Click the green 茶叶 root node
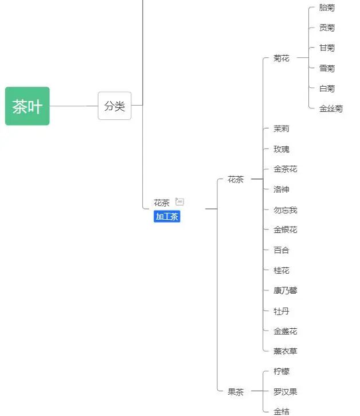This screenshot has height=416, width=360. (x=28, y=106)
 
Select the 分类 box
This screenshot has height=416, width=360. (x=115, y=106)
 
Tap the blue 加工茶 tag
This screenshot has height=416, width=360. (x=167, y=216)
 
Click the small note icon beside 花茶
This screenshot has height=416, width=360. (x=180, y=201)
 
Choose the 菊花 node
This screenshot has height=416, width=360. (x=281, y=58)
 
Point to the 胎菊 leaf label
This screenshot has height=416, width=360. (x=327, y=8)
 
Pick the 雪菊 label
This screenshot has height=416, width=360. (x=327, y=68)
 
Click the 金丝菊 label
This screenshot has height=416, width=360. (x=331, y=108)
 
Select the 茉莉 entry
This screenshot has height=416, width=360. (x=281, y=129)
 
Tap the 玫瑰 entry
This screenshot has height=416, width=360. (x=281, y=149)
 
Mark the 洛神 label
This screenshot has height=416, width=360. (x=281, y=189)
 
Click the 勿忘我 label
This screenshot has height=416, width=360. (x=285, y=210)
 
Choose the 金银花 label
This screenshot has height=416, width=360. (x=285, y=230)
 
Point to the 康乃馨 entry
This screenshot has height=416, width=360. (x=285, y=290)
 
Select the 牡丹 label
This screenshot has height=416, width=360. (x=281, y=311)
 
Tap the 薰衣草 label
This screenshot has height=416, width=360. (x=285, y=351)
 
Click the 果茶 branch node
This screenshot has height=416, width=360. (x=236, y=392)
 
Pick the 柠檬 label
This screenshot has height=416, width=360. (x=281, y=371)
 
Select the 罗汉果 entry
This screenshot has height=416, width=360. (x=285, y=392)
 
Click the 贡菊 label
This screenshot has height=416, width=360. (x=327, y=28)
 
